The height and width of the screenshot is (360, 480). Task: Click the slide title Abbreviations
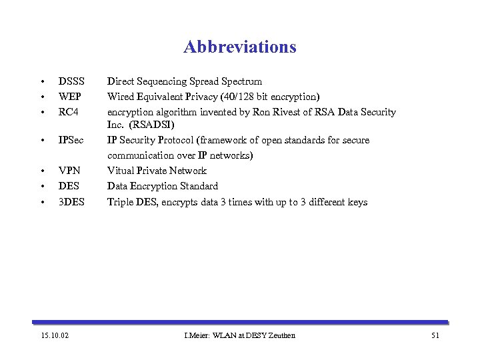click(239, 47)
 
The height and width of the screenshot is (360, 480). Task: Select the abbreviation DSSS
click(71, 81)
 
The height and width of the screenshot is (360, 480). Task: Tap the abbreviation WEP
click(70, 97)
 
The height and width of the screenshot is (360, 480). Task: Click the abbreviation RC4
click(69, 112)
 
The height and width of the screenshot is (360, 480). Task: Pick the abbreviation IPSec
click(71, 140)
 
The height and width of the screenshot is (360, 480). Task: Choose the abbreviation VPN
click(69, 171)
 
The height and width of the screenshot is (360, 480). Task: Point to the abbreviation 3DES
click(71, 201)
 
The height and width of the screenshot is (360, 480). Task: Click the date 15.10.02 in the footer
click(54, 335)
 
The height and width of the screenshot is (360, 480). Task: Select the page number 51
click(435, 335)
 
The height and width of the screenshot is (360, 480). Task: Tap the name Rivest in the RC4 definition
click(297, 112)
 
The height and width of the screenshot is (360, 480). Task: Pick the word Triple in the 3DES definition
click(121, 201)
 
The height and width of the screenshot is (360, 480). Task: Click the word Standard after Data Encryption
click(199, 186)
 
